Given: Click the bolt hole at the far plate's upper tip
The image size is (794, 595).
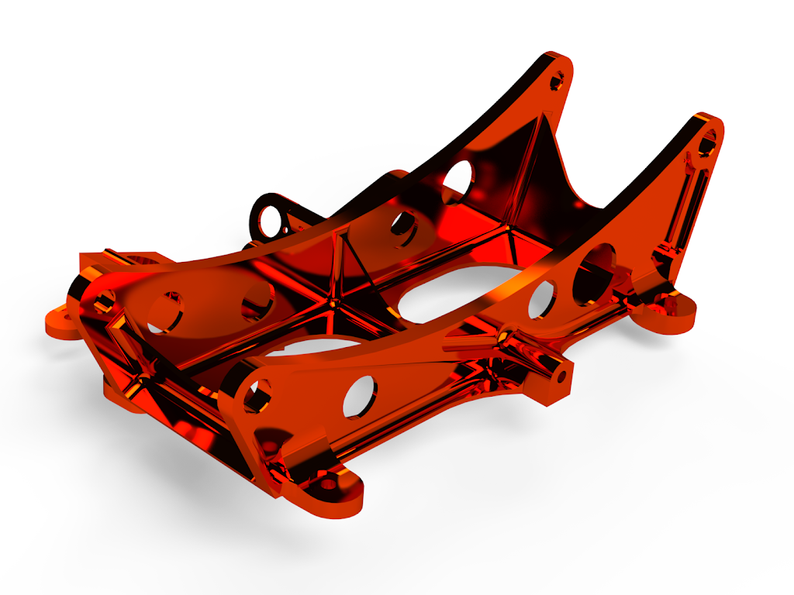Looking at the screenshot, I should point(558,79).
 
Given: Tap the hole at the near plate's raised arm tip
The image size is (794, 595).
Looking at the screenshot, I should point(707,143).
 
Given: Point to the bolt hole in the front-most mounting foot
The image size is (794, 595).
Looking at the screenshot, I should point(329,484).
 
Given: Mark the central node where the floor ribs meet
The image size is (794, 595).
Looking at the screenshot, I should point(332,298).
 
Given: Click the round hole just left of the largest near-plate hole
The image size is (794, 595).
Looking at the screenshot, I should point(541,300).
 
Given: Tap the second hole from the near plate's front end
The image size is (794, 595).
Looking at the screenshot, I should point(358,394).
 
